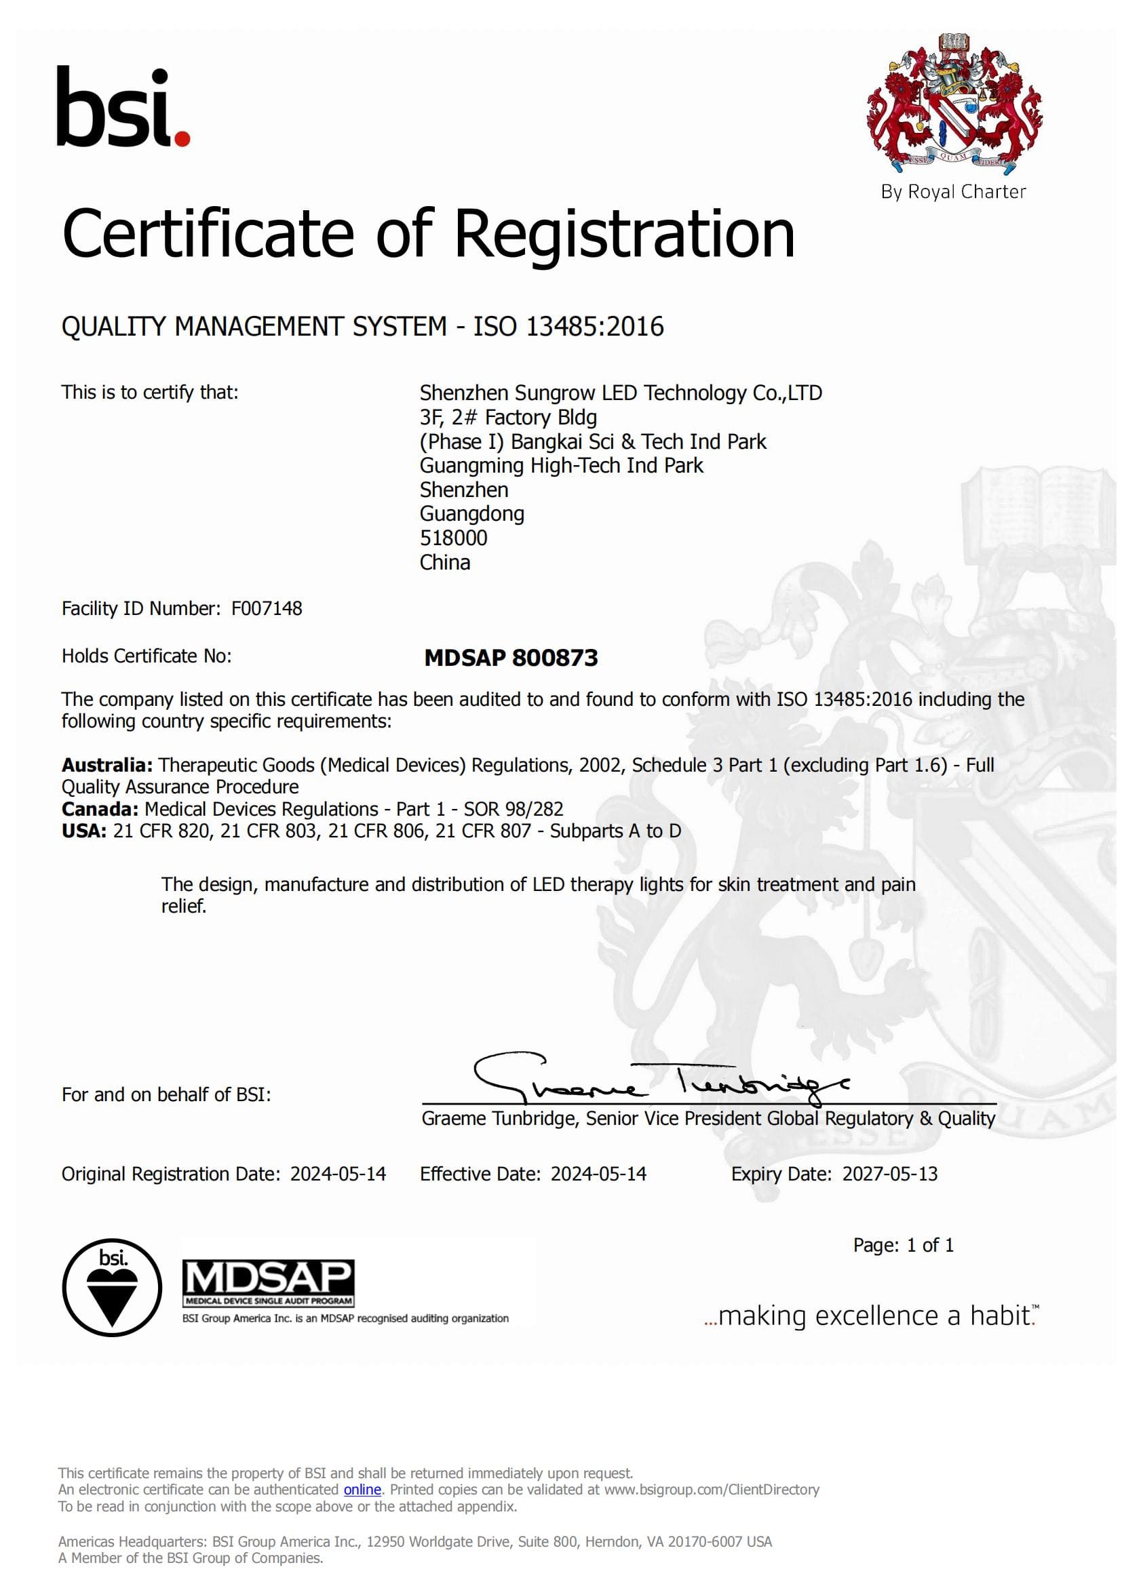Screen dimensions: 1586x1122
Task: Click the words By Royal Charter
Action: [x=952, y=191]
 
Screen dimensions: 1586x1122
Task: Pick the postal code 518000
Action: [x=453, y=538]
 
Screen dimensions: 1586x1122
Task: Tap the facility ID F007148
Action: [x=267, y=608]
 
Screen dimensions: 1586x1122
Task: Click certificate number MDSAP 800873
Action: [x=511, y=658]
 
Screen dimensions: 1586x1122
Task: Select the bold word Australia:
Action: [x=107, y=766]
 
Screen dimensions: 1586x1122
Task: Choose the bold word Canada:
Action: [x=100, y=809]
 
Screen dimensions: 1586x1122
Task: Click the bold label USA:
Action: [x=83, y=831]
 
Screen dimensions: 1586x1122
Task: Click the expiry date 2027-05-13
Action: [x=890, y=1174]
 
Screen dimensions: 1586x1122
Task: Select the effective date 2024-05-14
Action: [x=598, y=1174]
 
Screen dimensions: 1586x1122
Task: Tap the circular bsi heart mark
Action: [x=112, y=1288]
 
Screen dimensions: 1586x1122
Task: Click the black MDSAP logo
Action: [x=268, y=1282]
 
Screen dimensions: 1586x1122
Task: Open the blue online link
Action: [x=362, y=1490]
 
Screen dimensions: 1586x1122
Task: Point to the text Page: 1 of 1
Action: [x=903, y=1246]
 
